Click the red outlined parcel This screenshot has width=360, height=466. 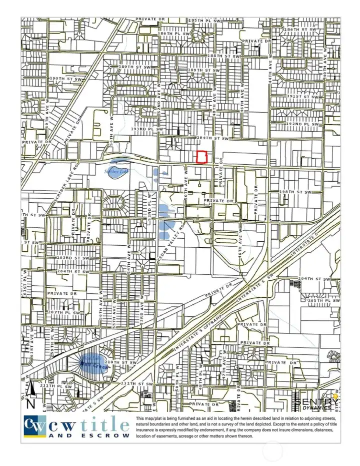click(x=201, y=157)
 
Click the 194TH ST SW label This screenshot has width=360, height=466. click(x=212, y=138)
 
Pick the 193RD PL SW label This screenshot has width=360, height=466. click(x=147, y=129)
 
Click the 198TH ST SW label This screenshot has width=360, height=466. click(x=295, y=192)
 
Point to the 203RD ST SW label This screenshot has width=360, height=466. click(x=72, y=258)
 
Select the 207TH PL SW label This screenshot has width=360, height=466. click(x=64, y=312)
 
